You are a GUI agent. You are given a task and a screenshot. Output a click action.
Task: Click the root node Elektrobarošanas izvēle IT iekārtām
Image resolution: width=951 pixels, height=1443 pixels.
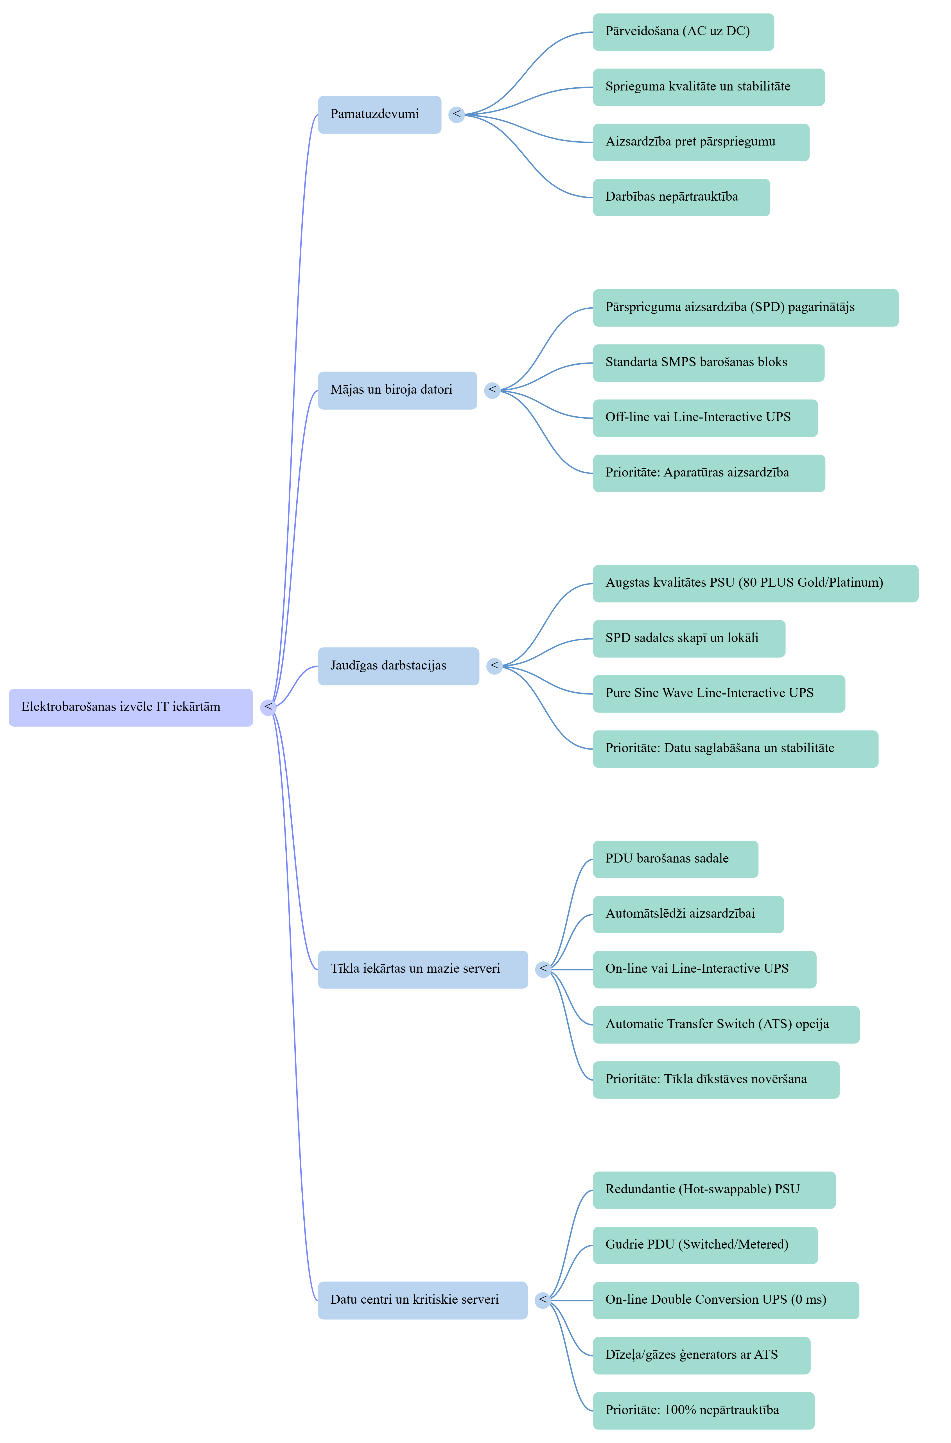pos(130,707)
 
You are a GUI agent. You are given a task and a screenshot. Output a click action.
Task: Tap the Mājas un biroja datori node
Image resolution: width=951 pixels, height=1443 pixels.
pos(397,390)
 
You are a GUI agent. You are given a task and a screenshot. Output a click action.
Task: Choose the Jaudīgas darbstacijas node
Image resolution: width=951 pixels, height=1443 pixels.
pos(398,666)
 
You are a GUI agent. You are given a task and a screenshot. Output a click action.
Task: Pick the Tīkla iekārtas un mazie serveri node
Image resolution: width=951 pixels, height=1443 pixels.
pos(423,969)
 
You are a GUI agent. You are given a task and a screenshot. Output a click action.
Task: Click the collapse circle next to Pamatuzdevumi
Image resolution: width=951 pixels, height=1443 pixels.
pos(457,114)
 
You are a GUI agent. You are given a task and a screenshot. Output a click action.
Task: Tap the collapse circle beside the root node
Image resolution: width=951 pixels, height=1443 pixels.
pos(268,707)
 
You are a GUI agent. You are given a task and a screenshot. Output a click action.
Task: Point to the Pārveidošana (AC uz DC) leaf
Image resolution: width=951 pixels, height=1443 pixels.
pos(683,31)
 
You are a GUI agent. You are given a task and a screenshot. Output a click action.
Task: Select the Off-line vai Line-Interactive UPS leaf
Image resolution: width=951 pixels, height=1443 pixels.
pos(705,418)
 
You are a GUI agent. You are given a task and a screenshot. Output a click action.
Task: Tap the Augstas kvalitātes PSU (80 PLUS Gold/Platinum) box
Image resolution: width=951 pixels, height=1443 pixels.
pos(755,583)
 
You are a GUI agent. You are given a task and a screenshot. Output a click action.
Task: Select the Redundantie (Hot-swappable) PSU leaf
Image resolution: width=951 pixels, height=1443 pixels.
pos(714,1190)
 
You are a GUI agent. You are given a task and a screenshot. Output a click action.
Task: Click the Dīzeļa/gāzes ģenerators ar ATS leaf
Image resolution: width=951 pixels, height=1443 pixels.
pos(701,1355)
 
